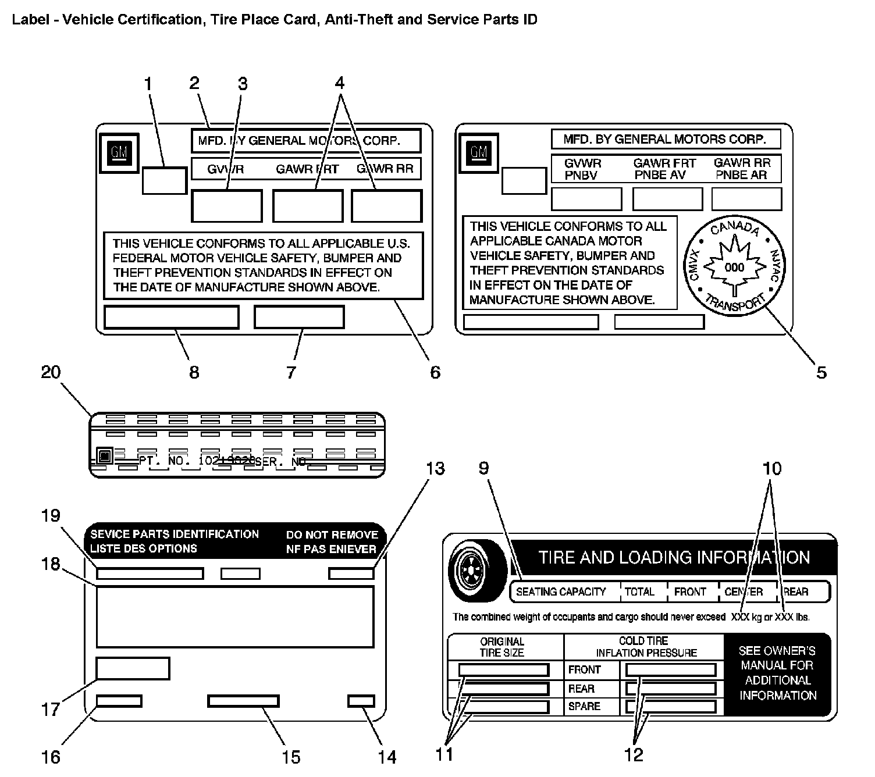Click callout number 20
pyautogui.click(x=51, y=372)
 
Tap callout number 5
pyautogui.click(x=821, y=372)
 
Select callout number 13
pyautogui.click(x=435, y=468)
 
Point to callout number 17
pyautogui.click(x=51, y=709)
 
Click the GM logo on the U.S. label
pyautogui.click(x=119, y=153)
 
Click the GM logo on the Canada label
pyautogui.click(x=479, y=152)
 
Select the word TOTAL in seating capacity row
pyautogui.click(x=639, y=592)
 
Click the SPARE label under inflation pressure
pyautogui.click(x=584, y=706)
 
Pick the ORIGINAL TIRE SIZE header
pyautogui.click(x=502, y=647)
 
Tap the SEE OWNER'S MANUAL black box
pyautogui.click(x=777, y=673)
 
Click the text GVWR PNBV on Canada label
pyautogui.click(x=582, y=169)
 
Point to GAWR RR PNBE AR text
pyautogui.click(x=742, y=169)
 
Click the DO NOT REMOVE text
pyautogui.click(x=332, y=534)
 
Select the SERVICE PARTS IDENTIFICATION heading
pyautogui.click(x=175, y=534)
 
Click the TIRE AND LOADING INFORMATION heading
pyautogui.click(x=674, y=557)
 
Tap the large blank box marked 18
pyautogui.click(x=234, y=616)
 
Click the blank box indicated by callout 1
pyautogui.click(x=164, y=180)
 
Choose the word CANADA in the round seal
pyautogui.click(x=735, y=228)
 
